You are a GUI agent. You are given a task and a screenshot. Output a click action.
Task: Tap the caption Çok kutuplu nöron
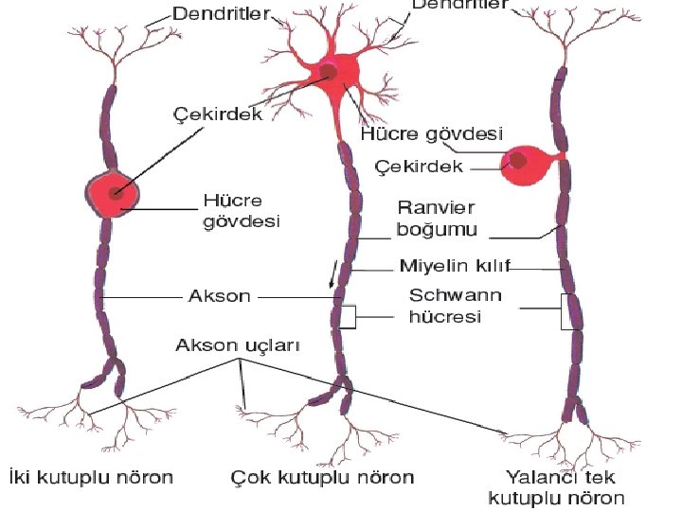pos(323,477)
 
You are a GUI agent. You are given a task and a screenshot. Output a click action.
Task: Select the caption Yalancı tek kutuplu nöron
pos(556,487)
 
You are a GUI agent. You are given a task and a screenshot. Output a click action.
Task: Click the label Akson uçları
pos(238,346)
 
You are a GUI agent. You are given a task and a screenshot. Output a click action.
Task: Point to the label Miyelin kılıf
pos(449,269)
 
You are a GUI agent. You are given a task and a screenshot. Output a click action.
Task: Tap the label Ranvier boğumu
pos(437,218)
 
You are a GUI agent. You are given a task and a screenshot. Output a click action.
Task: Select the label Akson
pos(220,296)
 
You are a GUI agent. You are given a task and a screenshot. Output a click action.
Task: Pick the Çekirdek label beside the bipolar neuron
pos(217,113)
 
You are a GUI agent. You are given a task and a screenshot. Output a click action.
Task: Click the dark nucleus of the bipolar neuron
pos(116,193)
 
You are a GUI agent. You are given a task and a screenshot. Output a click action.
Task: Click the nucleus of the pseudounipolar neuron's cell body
pos(518,160)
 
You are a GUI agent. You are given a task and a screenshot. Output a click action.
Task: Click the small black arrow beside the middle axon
pos(332,274)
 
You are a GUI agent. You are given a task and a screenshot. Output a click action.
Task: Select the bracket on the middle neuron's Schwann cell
pos(350,316)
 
